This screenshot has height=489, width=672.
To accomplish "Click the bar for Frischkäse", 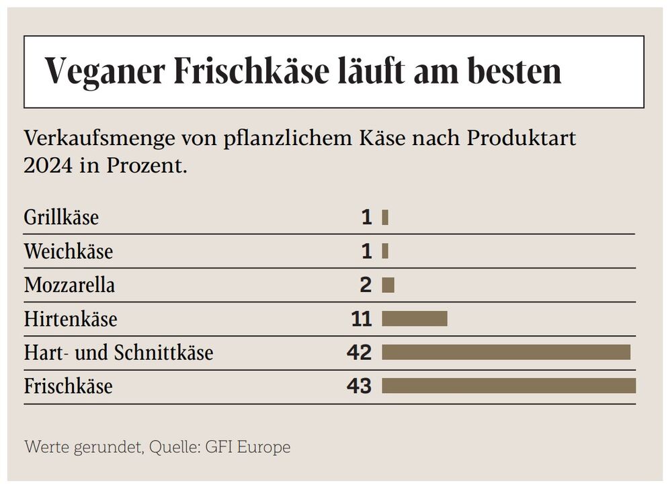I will (508, 386).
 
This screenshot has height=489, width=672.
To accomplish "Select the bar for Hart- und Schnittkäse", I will (505, 352).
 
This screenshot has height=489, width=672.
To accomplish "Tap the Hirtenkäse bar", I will (414, 318).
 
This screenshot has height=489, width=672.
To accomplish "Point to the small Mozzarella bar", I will (388, 285).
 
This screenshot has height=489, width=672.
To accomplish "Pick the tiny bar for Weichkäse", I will (385, 251).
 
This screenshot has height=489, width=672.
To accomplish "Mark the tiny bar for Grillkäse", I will (385, 218).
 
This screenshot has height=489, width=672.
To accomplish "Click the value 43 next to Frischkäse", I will (360, 386).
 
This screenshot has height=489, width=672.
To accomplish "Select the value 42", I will (360, 353).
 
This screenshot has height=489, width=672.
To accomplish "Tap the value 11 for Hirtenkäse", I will (361, 319).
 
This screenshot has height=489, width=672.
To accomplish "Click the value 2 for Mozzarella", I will (366, 285).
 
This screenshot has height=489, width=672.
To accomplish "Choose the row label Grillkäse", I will (61, 218).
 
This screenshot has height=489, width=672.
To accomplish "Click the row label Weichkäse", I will (68, 252).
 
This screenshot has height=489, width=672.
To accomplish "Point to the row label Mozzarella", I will (69, 285).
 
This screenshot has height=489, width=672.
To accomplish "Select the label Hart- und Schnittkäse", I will (118, 353).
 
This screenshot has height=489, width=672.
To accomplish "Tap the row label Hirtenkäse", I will (70, 319).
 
